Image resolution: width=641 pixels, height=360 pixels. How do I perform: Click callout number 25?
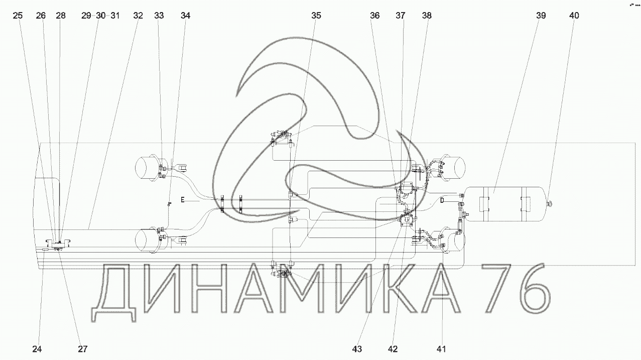(18, 16)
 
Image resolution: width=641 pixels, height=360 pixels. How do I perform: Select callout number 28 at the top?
(61, 16)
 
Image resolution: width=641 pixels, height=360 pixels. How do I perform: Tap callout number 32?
(138, 16)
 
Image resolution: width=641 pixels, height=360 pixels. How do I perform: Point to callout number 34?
(185, 16)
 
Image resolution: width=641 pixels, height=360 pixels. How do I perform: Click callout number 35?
(316, 16)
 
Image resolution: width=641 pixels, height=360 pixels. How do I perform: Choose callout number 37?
(401, 16)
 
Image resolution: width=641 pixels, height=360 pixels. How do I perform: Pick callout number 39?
(541, 16)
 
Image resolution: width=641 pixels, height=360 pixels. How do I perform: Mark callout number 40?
(574, 16)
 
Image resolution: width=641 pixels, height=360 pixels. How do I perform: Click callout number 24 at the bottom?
(37, 349)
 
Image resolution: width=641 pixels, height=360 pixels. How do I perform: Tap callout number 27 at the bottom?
(82, 349)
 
